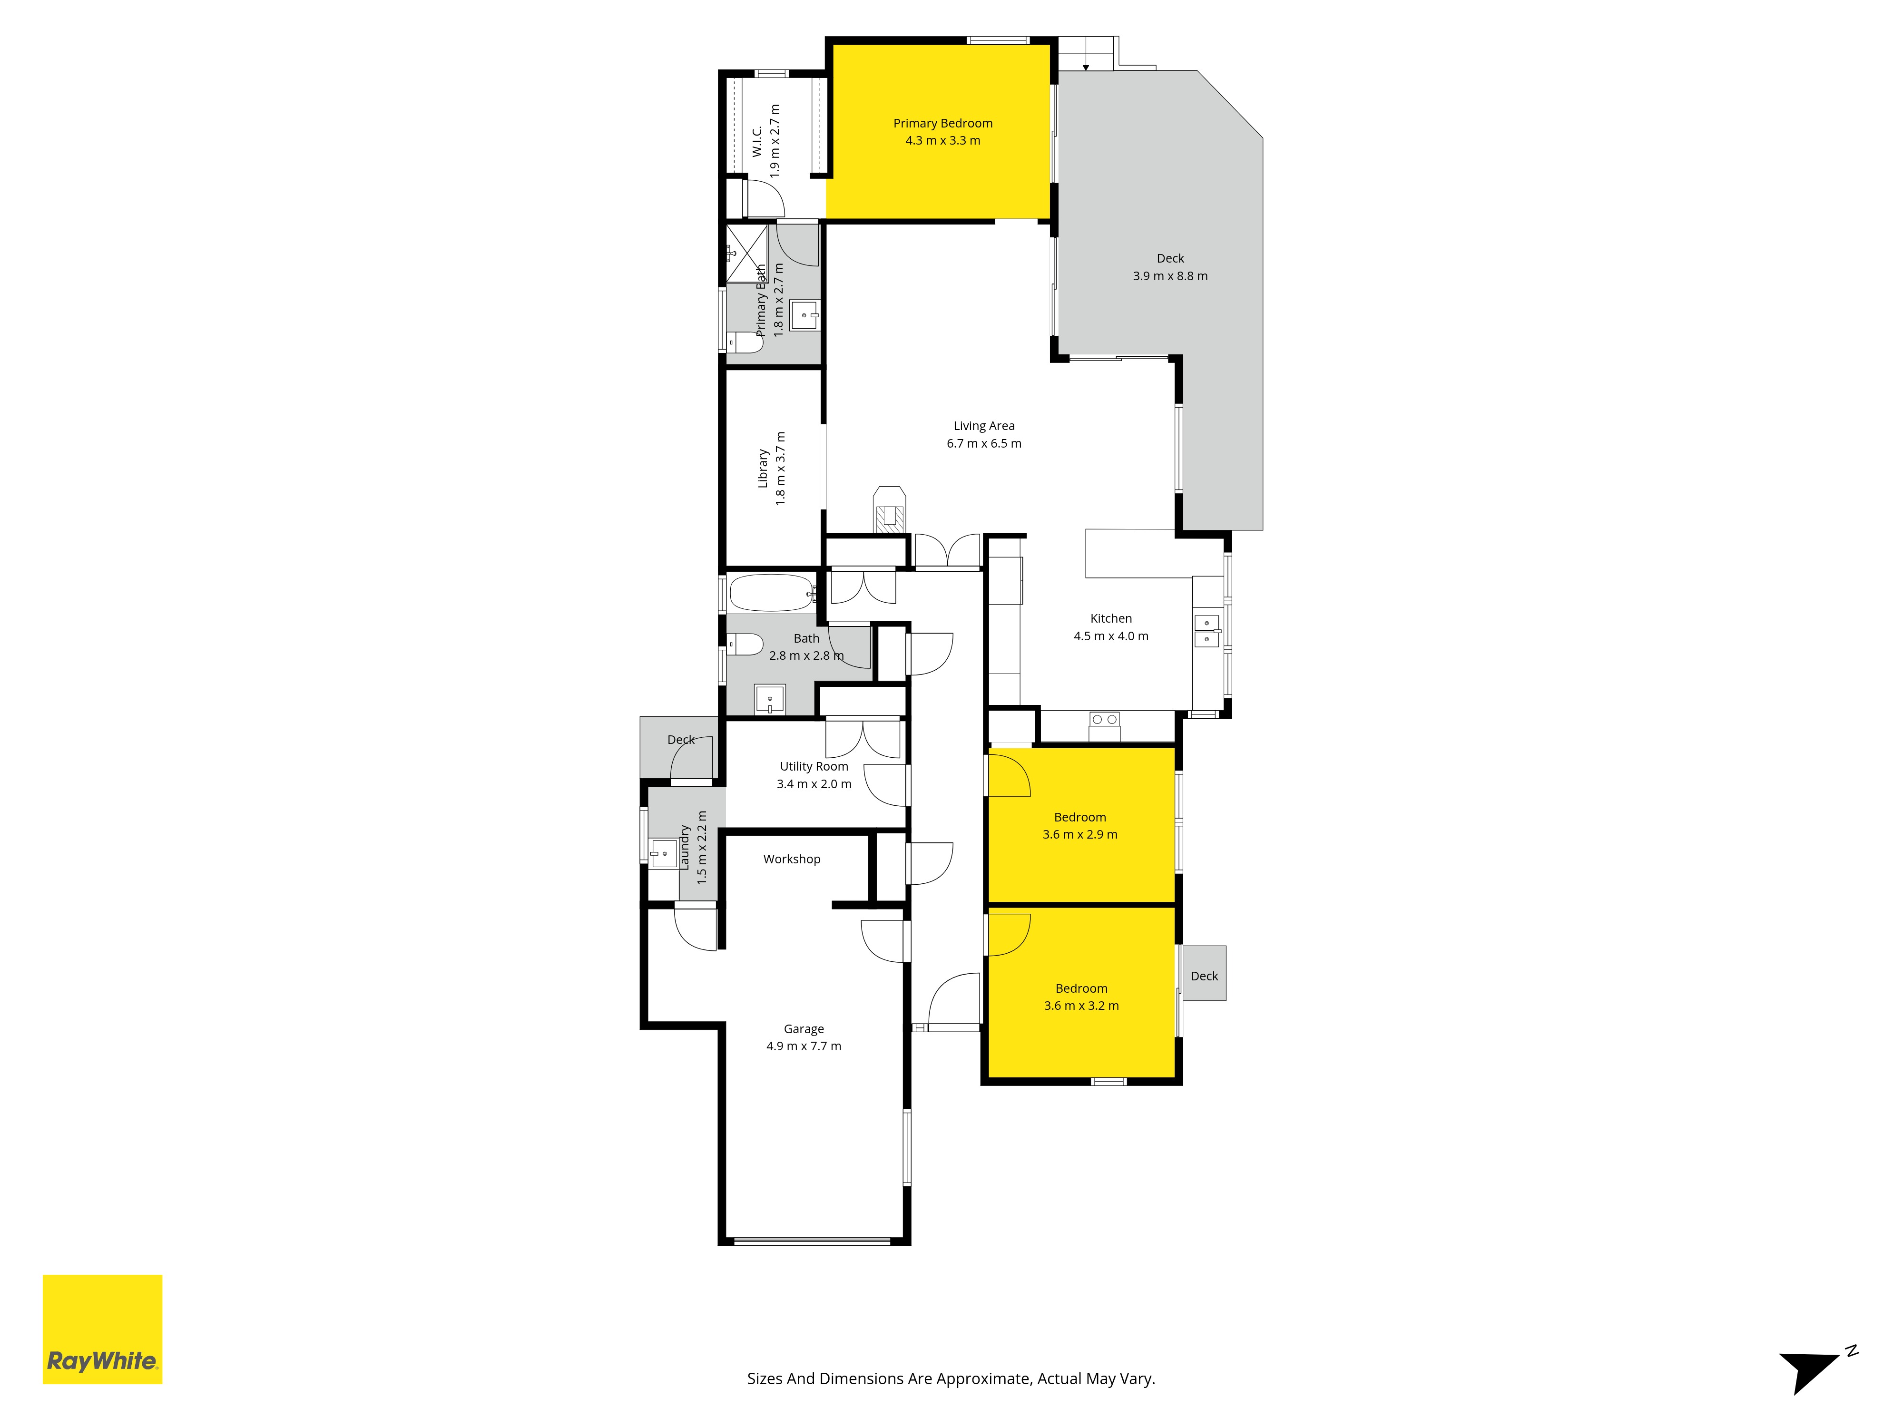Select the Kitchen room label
pyautogui.click(x=1111, y=618)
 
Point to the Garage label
pyautogui.click(x=804, y=1029)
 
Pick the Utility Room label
pyautogui.click(x=814, y=766)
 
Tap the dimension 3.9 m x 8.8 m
pyautogui.click(x=1170, y=276)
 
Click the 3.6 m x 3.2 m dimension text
pyautogui.click(x=1081, y=1006)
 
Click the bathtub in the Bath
pyautogui.click(x=772, y=593)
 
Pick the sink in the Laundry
pyautogui.click(x=663, y=854)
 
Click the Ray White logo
pyautogui.click(x=102, y=1329)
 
